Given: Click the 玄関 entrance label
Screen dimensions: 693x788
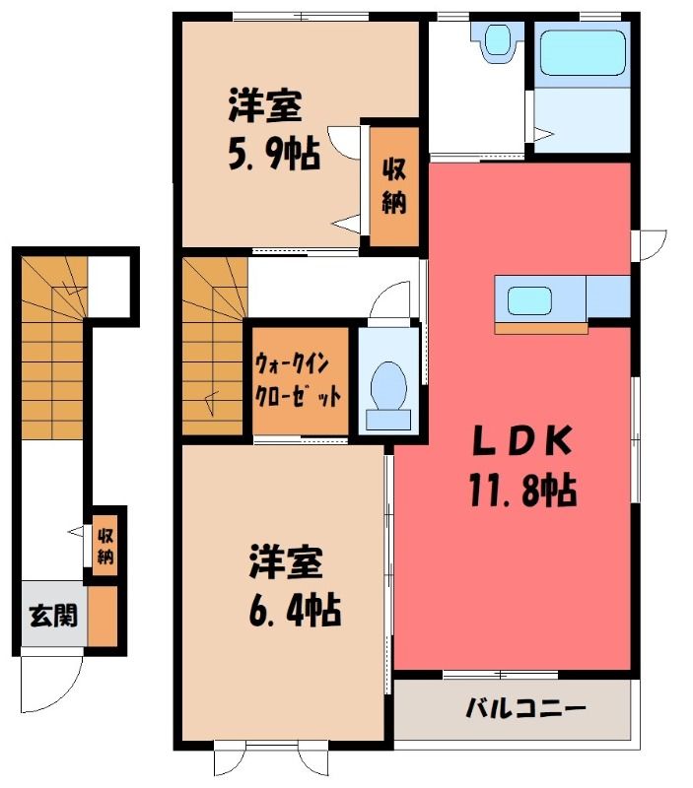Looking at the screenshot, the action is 53,615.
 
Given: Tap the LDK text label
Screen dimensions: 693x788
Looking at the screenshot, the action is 523,440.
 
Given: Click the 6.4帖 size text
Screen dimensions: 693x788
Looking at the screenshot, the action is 295,610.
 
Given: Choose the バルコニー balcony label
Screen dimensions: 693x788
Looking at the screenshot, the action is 525,709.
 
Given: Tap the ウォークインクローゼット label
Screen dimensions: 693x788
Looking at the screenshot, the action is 299,379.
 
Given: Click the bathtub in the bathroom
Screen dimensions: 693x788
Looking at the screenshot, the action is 583,52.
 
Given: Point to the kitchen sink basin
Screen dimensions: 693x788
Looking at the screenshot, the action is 529,300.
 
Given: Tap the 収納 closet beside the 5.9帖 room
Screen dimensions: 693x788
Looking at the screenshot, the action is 394,186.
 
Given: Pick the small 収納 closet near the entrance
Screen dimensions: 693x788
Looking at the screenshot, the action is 105,545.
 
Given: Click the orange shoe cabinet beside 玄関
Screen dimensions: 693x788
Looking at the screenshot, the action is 103,617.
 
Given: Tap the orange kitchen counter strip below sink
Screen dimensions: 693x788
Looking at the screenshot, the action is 541,328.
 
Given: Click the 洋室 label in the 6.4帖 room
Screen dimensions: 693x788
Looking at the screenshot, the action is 286,561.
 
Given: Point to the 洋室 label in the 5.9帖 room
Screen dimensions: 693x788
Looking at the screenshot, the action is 265,105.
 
